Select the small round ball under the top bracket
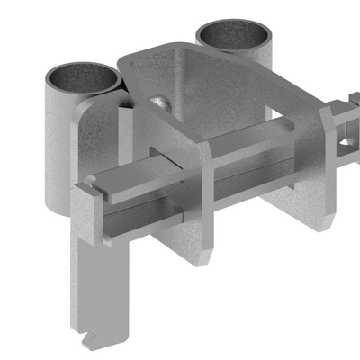pos(160,102)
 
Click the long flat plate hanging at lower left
pos(103,288)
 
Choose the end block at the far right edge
pos(353,117)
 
